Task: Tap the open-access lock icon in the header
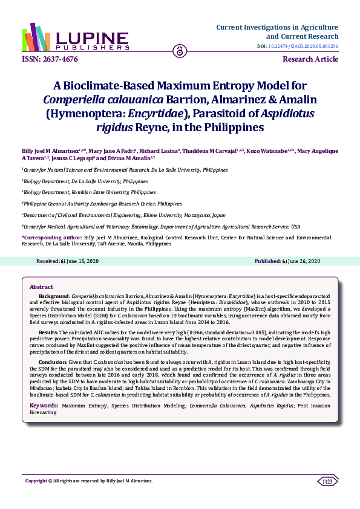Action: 179,51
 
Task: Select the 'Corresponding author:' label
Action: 51,239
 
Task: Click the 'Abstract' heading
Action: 42,287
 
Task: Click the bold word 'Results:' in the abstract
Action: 48,333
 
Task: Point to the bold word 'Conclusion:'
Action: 52,361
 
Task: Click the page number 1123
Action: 328,481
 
